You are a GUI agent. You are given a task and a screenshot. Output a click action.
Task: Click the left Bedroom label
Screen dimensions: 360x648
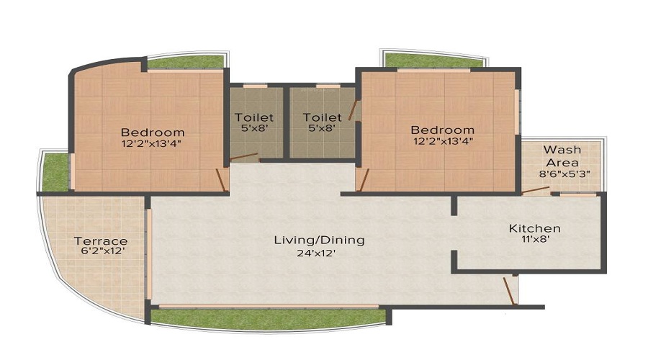click(x=152, y=132)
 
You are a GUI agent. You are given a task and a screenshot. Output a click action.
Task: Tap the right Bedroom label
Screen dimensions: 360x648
click(x=442, y=130)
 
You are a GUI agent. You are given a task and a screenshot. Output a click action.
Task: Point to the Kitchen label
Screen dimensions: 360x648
click(x=534, y=228)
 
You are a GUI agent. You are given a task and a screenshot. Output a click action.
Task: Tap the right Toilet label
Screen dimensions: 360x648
click(x=322, y=117)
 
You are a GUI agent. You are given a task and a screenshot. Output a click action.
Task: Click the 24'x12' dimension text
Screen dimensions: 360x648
click(x=318, y=253)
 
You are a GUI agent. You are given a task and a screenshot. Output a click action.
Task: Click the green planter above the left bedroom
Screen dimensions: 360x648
click(x=185, y=63)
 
